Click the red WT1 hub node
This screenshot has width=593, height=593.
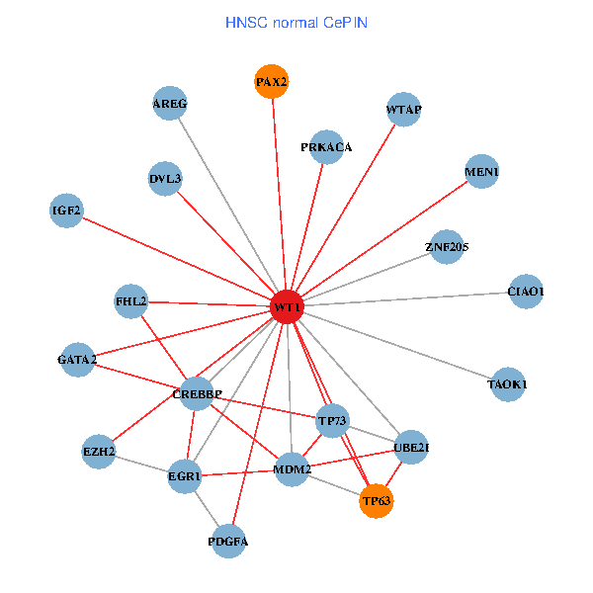click(x=287, y=307)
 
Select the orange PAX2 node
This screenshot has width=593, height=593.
click(x=271, y=82)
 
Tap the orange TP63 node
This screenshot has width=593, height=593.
click(x=377, y=501)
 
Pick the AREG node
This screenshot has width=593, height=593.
click(x=170, y=104)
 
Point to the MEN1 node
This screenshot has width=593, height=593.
click(x=481, y=172)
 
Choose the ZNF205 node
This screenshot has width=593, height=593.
click(x=447, y=246)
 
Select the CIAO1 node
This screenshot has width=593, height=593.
click(x=525, y=292)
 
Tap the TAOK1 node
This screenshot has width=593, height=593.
click(x=507, y=383)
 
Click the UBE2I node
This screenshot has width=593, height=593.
click(x=411, y=447)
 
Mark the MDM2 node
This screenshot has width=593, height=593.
click(x=293, y=468)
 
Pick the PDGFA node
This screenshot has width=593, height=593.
click(x=228, y=542)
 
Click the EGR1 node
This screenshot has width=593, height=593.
click(x=185, y=476)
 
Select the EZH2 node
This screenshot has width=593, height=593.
click(x=99, y=453)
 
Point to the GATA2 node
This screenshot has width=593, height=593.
click(x=77, y=360)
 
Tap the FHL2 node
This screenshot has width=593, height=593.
click(x=130, y=300)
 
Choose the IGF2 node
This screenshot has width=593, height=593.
click(x=66, y=210)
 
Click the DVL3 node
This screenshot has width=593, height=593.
click(x=165, y=179)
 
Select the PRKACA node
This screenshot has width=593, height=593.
click(x=326, y=147)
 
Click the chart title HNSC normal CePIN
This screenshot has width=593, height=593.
click(x=296, y=21)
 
